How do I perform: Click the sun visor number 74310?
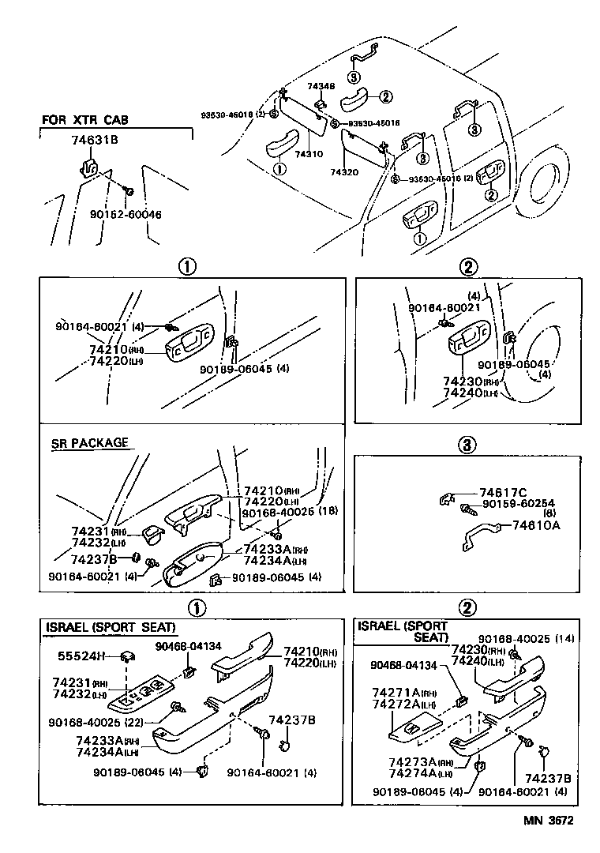click(308, 156)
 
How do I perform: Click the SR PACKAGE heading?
click(88, 443)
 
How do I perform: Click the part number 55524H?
click(78, 656)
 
